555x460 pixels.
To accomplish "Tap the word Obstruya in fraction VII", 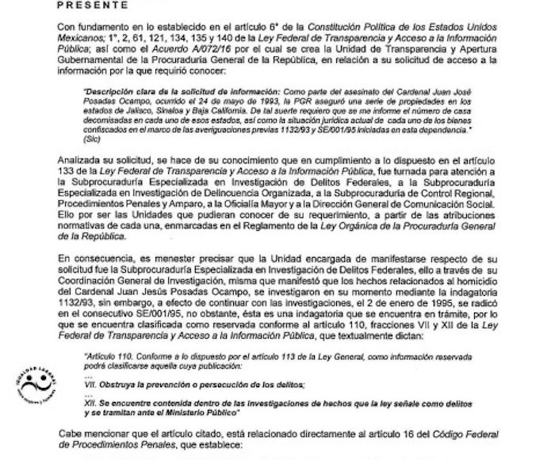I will coord(129,383).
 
